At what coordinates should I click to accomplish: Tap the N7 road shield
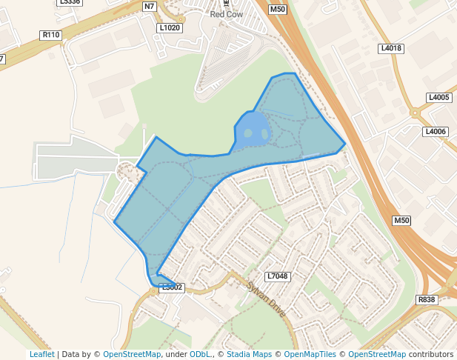[x=150, y=7]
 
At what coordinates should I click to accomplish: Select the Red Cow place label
[x=227, y=13]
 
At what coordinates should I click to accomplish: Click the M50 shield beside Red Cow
[x=278, y=10]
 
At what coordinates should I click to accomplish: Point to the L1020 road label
[x=170, y=27]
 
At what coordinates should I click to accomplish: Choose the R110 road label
[x=50, y=35]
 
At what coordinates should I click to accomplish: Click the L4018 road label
[x=390, y=48]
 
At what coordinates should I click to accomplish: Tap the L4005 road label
[x=438, y=98]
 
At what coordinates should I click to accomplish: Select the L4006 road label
[x=436, y=131]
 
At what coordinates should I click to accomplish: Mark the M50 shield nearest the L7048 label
[x=401, y=221]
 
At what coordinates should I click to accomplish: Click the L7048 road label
[x=277, y=276]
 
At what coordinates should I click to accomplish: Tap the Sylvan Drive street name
[x=267, y=299]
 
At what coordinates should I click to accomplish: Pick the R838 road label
[x=427, y=299]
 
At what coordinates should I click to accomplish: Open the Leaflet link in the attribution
[x=41, y=354]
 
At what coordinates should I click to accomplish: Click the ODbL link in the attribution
[x=199, y=354]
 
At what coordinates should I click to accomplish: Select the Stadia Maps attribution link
[x=249, y=354]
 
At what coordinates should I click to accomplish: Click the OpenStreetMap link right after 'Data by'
[x=132, y=354]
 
